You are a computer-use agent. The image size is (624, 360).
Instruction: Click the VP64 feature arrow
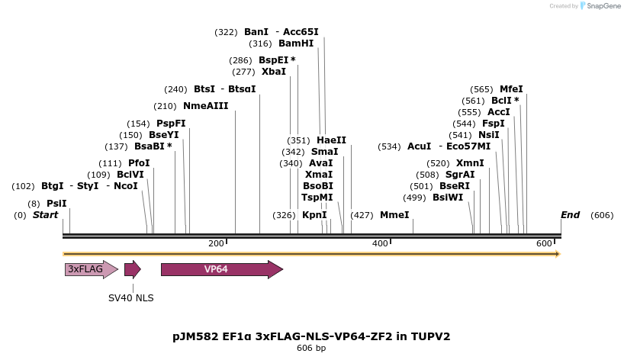(221, 269)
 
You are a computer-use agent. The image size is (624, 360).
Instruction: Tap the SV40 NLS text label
(130, 298)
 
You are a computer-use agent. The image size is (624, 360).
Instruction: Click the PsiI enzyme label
(56, 204)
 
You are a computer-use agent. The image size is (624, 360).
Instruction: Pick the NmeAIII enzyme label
(205, 106)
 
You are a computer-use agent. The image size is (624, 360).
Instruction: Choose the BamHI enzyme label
(296, 43)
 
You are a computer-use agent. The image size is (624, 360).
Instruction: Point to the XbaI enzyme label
(274, 72)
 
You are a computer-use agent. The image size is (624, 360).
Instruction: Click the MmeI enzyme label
(394, 215)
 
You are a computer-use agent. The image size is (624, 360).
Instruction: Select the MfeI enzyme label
(511, 89)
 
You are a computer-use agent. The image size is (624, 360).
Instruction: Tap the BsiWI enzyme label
(448, 198)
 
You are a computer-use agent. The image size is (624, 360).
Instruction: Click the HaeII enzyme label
(331, 140)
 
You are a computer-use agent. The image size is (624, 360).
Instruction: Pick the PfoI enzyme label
(139, 163)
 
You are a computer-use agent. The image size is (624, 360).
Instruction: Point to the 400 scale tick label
(380, 243)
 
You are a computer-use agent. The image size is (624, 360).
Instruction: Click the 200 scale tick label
(216, 243)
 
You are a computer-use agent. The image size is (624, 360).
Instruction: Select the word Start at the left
(45, 215)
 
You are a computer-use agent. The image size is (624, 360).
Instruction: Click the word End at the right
(570, 215)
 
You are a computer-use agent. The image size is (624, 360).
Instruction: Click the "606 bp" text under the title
(311, 348)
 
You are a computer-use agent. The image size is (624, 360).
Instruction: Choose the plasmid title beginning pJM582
(311, 336)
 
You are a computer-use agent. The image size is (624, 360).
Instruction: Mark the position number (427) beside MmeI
(362, 215)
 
